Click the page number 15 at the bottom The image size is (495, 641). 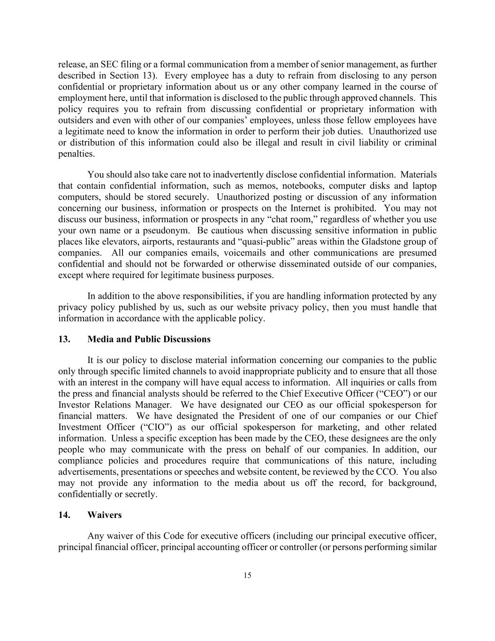tap(247, 576)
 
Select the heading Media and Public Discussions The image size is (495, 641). tap(149, 339)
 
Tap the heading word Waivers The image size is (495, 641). tap(104, 515)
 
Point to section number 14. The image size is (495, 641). tap(64, 515)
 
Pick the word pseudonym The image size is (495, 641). tap(168, 231)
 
